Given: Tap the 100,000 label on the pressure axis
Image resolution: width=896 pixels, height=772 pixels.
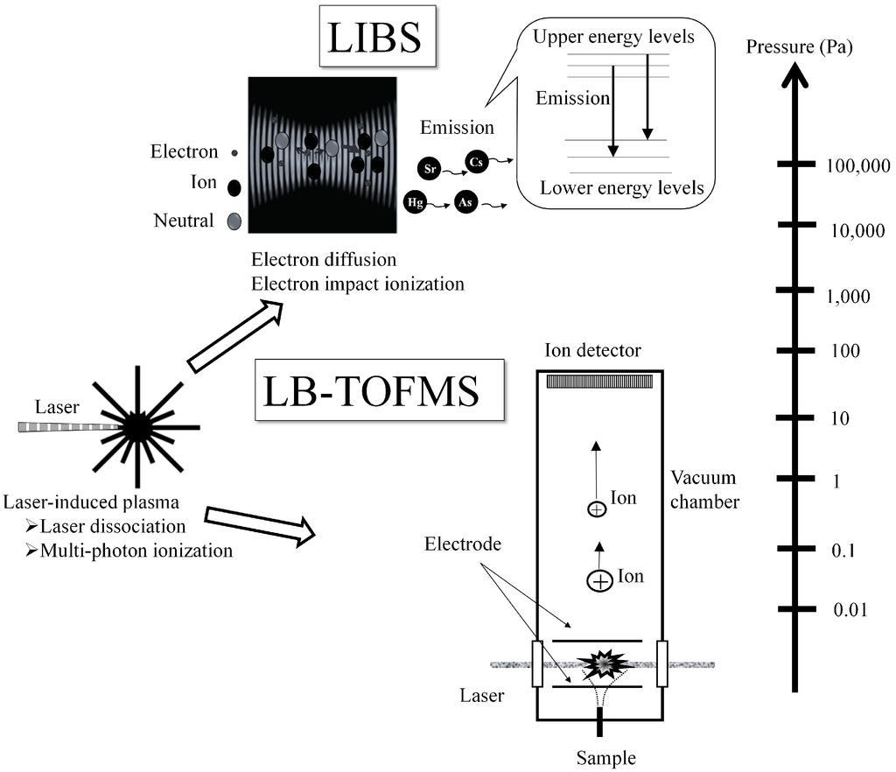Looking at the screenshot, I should [857, 167].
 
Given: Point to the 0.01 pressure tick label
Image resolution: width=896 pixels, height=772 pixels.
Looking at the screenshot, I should [850, 610].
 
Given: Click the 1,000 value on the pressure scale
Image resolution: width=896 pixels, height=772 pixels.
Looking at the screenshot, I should [848, 296].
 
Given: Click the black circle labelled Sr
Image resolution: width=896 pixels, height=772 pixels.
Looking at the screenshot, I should [430, 166].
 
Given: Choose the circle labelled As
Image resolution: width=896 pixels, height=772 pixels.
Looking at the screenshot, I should [465, 203].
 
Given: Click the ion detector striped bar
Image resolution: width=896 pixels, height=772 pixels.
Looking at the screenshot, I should [599, 382].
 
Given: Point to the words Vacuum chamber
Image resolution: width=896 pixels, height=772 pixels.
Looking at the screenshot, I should [703, 490].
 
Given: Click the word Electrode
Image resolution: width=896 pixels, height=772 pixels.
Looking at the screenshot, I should [463, 544].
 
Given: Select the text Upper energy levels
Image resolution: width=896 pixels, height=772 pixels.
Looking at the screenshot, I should [613, 38].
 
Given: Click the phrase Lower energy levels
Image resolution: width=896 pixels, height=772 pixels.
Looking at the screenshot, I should [621, 187].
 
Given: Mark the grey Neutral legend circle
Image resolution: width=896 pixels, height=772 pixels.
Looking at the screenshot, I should [234, 221].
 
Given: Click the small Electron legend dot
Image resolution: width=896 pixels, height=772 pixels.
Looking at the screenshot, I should [234, 152].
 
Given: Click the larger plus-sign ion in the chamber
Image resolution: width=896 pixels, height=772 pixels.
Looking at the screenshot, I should [600, 581].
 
